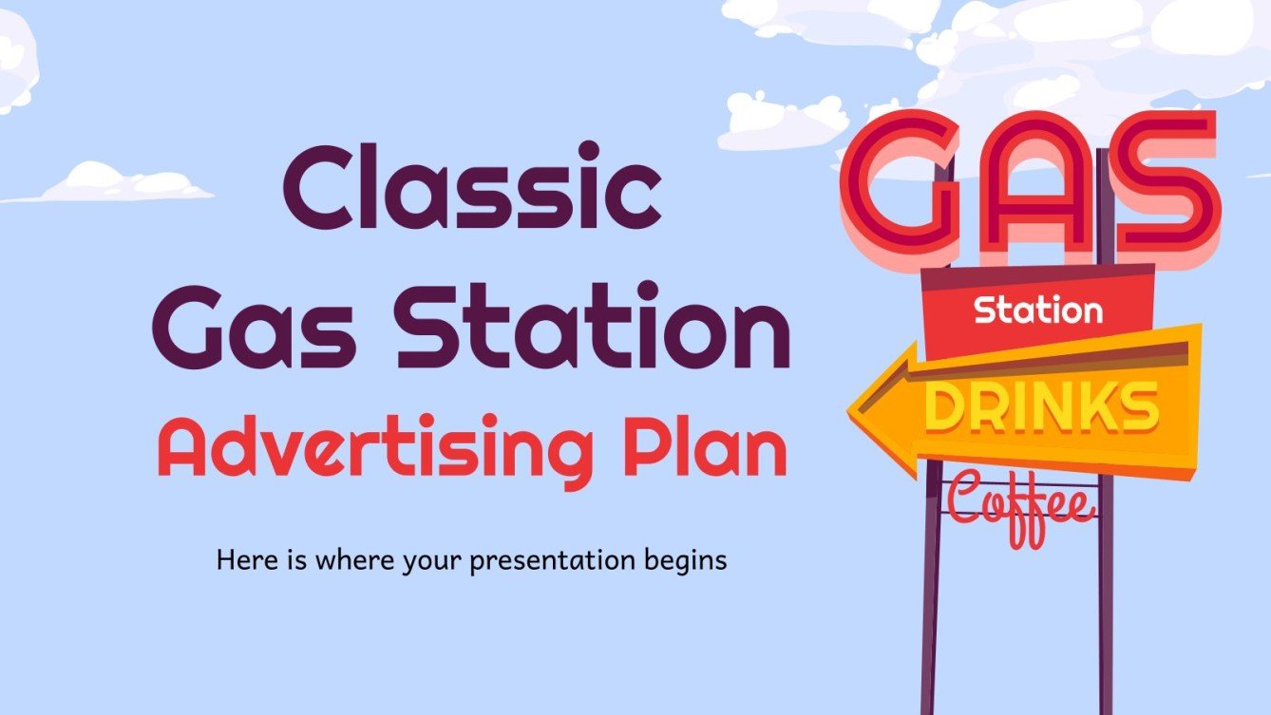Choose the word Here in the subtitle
point(242,560)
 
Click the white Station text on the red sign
point(1037,310)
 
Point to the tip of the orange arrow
point(853,410)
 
